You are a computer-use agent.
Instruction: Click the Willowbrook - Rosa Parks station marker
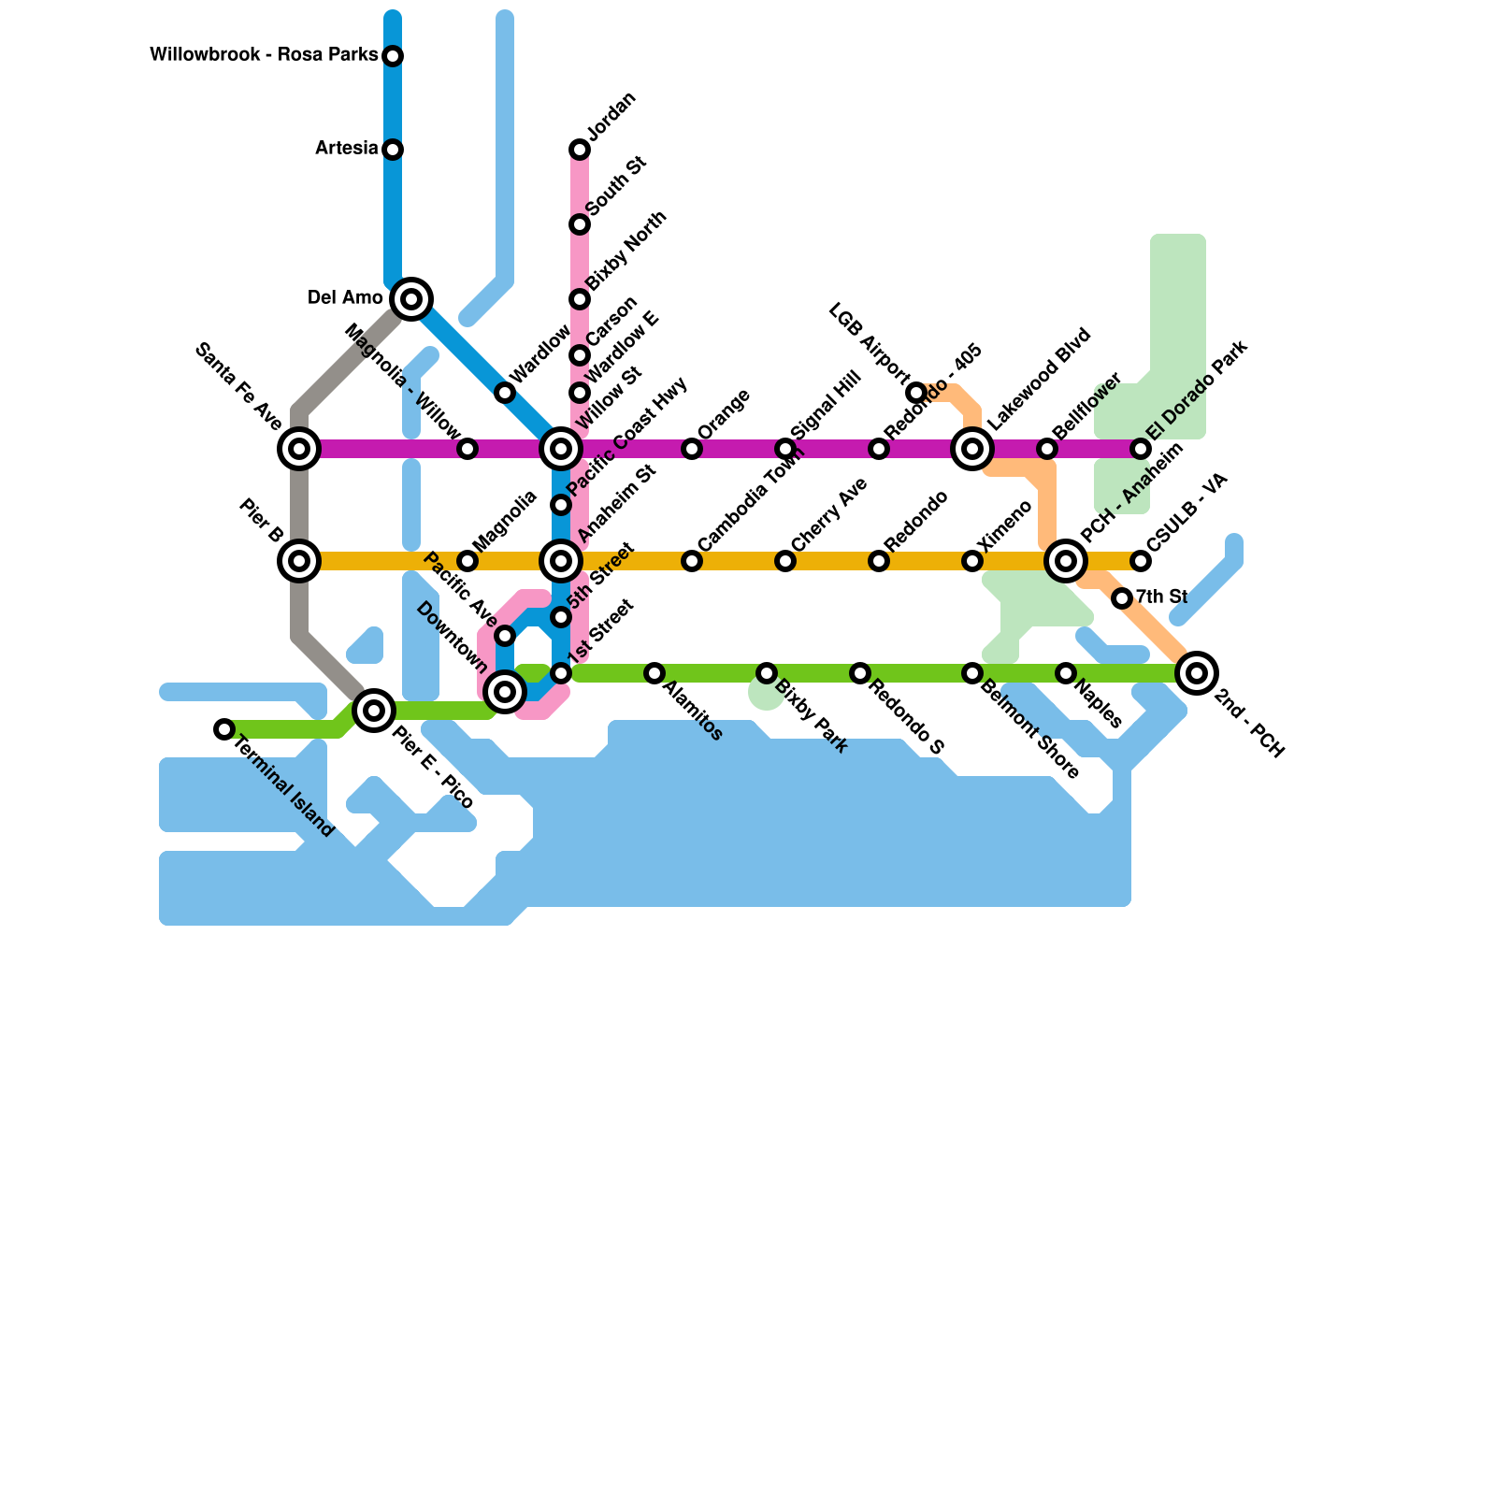click(393, 56)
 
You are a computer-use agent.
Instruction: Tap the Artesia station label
click(346, 149)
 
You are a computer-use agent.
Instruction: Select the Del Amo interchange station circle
click(411, 299)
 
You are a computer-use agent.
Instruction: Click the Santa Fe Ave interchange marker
click(299, 449)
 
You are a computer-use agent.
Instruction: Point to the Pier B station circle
click(299, 561)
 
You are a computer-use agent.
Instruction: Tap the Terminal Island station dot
click(223, 729)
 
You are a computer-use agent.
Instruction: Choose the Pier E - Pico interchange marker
click(374, 711)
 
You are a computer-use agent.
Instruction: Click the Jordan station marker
click(580, 150)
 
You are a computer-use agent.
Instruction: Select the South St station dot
click(580, 224)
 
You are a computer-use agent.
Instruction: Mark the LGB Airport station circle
click(916, 392)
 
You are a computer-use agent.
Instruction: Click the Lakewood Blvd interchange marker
click(972, 449)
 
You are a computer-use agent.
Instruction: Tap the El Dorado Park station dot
click(1141, 449)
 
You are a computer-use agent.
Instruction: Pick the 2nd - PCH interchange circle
click(1197, 672)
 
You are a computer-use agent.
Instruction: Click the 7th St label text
click(1161, 597)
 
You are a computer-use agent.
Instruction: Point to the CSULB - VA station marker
click(1141, 561)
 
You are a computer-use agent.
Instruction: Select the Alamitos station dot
click(654, 673)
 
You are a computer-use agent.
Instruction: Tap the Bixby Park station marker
click(767, 673)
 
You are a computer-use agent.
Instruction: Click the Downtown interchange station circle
click(505, 692)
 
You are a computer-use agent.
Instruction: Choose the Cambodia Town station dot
click(692, 561)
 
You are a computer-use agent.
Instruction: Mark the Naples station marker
click(1066, 673)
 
